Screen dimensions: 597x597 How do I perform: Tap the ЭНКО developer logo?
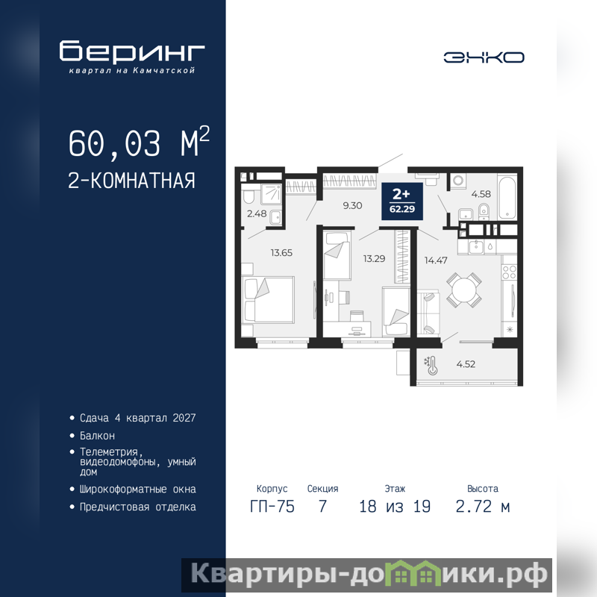click(x=484, y=57)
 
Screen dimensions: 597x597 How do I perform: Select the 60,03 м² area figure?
click(x=139, y=143)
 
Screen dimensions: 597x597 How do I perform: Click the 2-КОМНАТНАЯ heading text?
click(x=131, y=181)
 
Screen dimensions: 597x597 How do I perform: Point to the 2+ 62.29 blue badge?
click(x=402, y=201)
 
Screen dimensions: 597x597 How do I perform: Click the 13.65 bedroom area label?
click(x=281, y=253)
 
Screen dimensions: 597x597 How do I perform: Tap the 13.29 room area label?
click(x=374, y=259)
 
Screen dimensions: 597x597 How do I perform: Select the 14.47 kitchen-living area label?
click(x=436, y=260)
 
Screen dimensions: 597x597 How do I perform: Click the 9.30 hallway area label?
click(x=352, y=206)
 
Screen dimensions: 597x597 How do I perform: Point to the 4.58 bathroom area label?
click(x=481, y=194)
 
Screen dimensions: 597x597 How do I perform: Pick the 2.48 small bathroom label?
click(x=257, y=214)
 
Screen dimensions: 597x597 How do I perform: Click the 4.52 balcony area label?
click(x=466, y=364)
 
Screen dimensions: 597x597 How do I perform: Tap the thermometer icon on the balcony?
click(x=431, y=365)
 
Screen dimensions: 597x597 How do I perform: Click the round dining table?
click(x=463, y=290)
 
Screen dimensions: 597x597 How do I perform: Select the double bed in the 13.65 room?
click(x=268, y=300)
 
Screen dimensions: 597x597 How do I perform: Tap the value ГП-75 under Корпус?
click(x=272, y=507)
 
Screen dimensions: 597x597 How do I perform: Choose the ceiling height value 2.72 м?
click(x=482, y=507)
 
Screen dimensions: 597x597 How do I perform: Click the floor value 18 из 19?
click(x=395, y=507)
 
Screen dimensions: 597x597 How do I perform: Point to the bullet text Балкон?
click(x=97, y=436)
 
